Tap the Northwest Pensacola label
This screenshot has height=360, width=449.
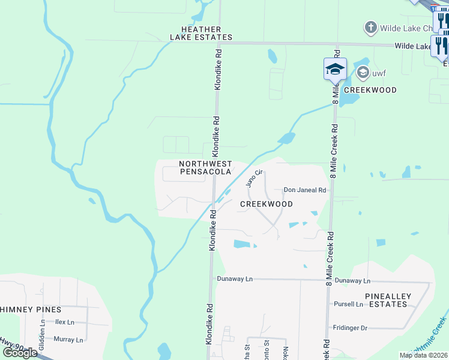click(206, 167)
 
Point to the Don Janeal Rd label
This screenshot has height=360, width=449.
click(304, 190)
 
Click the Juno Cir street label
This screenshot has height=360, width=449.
click(255, 178)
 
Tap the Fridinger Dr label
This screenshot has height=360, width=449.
click(350, 328)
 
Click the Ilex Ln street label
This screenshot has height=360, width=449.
click(64, 322)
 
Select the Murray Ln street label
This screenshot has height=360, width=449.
click(68, 340)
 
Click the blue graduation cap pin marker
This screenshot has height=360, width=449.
click(335, 70)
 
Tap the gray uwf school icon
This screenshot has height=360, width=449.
click(363, 73)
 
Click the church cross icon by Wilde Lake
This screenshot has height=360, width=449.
click(370, 28)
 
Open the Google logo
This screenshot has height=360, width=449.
click(19, 353)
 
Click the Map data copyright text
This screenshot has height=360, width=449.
click(424, 355)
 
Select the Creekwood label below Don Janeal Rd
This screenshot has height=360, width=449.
click(267, 204)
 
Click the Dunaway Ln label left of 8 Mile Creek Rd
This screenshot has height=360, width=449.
click(235, 280)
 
